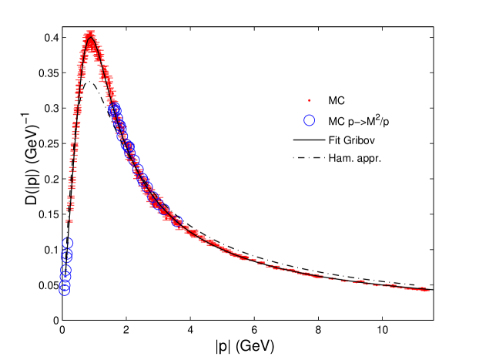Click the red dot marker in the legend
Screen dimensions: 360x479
[x=310, y=100]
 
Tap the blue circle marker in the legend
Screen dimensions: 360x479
[x=310, y=120]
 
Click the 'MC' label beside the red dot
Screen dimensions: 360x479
[x=337, y=100]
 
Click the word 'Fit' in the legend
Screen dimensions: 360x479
[x=335, y=141]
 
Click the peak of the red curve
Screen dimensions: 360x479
[x=91, y=35]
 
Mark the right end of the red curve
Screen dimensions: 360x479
[x=427, y=290]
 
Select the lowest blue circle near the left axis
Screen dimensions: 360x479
[x=65, y=289]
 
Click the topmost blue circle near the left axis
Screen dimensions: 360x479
[x=67, y=243]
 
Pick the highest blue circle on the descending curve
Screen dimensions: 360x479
[x=114, y=109]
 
